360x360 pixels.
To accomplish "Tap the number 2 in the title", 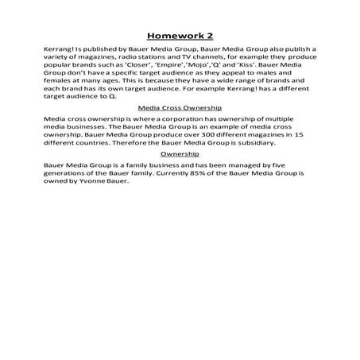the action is tap(209, 35).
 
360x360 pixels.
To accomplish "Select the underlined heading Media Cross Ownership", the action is tap(180, 106).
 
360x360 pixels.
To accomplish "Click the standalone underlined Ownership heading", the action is tap(180, 153).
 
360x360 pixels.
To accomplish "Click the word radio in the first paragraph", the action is tap(117, 60).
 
